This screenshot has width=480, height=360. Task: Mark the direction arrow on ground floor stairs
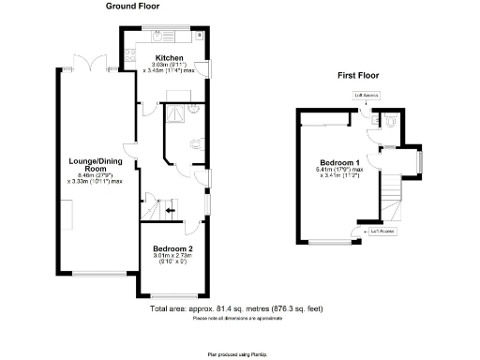[x=170, y=211]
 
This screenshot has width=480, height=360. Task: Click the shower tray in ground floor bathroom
[x=174, y=113]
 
